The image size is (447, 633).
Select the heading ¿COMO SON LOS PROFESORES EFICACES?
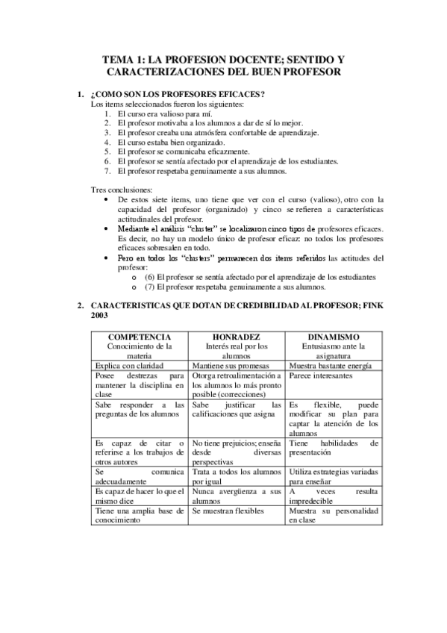[x=177, y=94]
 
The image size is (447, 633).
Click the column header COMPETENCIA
[x=140, y=337]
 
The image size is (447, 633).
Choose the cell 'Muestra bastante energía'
[x=329, y=366]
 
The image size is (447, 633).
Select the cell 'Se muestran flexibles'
[x=228, y=511]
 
